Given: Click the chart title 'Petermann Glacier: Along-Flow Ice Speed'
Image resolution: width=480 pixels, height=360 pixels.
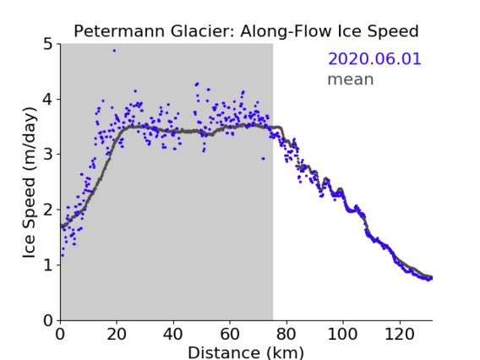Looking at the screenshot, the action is tap(246, 31).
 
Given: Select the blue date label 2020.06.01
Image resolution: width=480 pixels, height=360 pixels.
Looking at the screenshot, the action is tap(374, 59).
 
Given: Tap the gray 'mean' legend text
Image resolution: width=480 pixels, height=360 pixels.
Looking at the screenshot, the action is tap(351, 79).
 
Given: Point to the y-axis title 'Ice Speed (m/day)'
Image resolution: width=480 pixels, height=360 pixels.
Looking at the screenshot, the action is tap(30, 183).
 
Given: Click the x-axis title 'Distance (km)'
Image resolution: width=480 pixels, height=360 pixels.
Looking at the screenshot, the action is tap(246, 352).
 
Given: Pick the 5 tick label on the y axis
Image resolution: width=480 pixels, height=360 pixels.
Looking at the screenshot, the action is tap(48, 45).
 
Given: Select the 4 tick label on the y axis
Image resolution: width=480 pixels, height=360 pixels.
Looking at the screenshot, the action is tap(48, 100).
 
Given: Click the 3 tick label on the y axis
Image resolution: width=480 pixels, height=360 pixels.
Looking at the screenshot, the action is tap(48, 155).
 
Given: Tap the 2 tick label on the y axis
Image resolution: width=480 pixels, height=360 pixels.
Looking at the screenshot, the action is tap(48, 210).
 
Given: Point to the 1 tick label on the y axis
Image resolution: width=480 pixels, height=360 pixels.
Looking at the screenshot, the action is tap(48, 265).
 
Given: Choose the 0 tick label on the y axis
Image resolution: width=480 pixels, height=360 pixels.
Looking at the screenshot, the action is tap(48, 320).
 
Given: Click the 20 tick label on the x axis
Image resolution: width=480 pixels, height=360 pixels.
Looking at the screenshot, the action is tap(117, 334).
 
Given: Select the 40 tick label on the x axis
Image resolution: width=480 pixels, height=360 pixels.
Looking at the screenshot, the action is tap(173, 334).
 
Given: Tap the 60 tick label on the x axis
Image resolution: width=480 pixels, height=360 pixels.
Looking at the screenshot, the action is tap(230, 334).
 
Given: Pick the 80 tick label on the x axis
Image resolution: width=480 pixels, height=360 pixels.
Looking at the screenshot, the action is tap(286, 334).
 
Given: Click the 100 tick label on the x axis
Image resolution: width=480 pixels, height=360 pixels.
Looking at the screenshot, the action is tap(342, 334).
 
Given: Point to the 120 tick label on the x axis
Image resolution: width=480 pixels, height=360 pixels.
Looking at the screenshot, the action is tap(399, 334).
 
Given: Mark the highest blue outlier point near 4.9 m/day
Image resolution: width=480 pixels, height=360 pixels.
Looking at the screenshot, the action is tap(114, 51).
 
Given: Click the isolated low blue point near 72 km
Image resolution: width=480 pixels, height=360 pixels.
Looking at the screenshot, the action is tap(264, 159).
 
